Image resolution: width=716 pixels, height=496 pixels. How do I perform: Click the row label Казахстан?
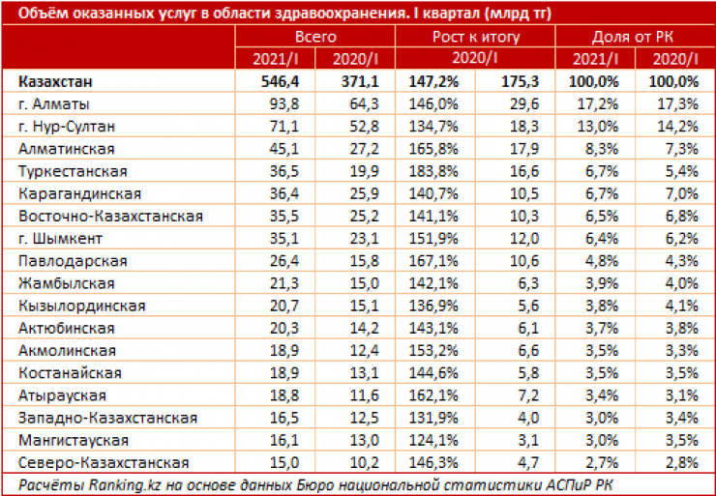point(53,81)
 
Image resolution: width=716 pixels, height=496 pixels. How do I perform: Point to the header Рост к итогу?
point(478,36)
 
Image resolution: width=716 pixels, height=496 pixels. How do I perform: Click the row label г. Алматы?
point(55,103)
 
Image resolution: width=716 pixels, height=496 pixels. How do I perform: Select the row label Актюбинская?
point(62,328)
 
